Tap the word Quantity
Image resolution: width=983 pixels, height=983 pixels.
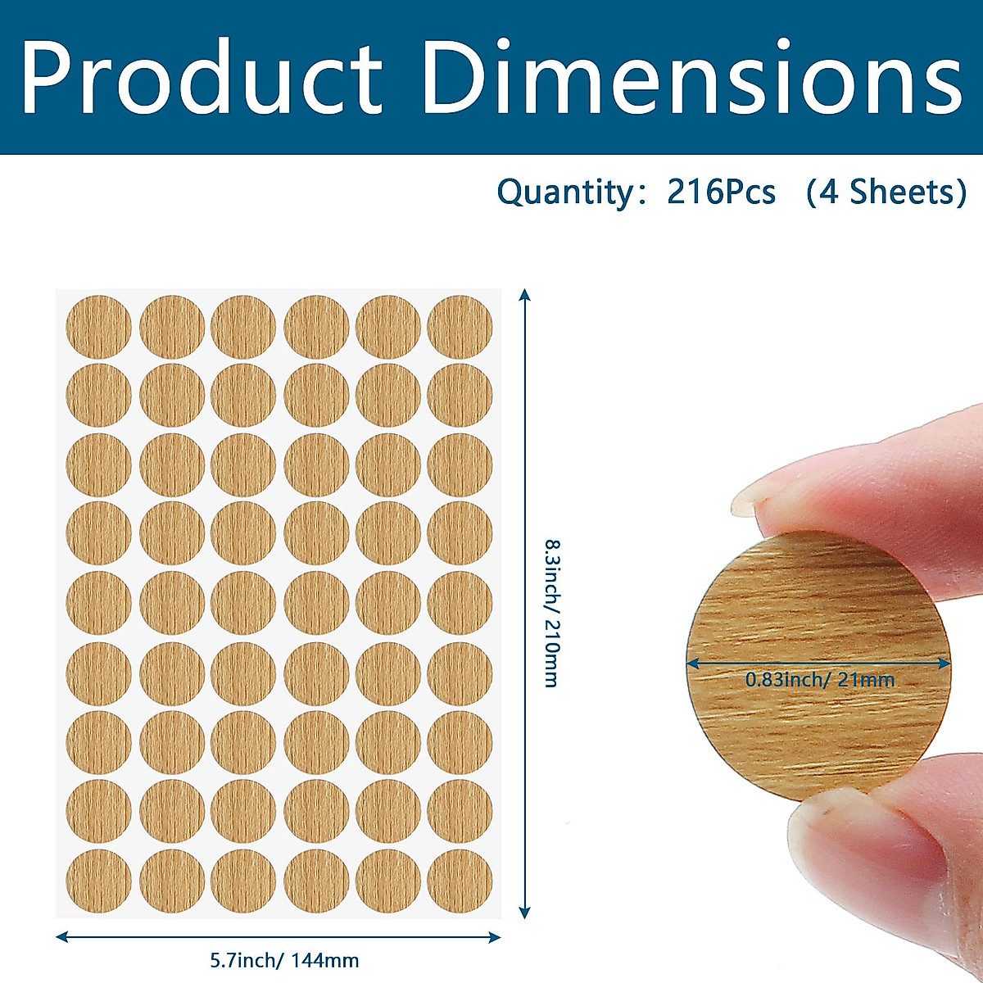coord(564,193)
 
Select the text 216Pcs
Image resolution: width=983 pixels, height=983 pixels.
coord(721,193)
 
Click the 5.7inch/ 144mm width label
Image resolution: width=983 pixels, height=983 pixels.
coord(284,960)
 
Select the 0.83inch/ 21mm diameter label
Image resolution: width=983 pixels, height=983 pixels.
coord(819,679)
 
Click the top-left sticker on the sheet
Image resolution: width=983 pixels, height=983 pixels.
coord(98,327)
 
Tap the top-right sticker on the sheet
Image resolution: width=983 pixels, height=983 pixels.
coord(460,327)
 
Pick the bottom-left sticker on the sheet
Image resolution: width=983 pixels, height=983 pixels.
coord(98,882)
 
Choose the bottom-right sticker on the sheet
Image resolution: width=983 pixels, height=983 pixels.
coord(460,882)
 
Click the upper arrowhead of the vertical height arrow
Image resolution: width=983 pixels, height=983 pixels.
coord(525,294)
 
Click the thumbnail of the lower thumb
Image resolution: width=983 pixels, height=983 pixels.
coord(852,827)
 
